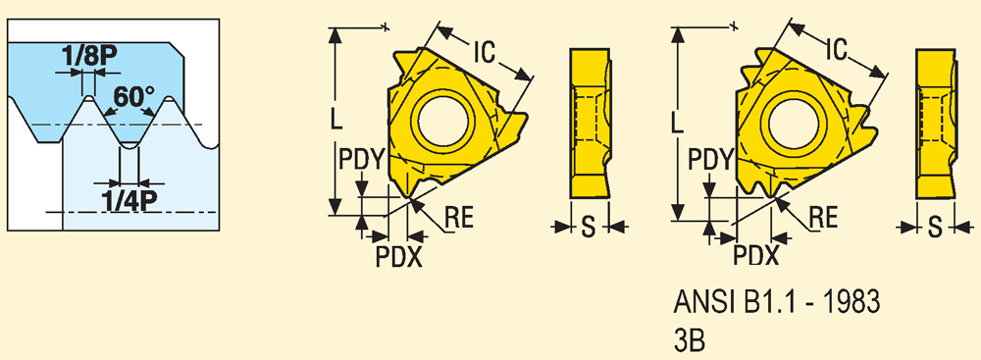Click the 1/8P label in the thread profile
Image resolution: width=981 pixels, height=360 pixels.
89,58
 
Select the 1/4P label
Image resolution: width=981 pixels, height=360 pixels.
128,201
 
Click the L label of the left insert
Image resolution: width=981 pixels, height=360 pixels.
336,119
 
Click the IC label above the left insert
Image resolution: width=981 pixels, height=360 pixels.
484,53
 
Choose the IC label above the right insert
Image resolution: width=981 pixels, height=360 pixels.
835,49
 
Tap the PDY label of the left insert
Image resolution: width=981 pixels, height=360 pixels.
360,160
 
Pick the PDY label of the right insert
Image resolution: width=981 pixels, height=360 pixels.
710,161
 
